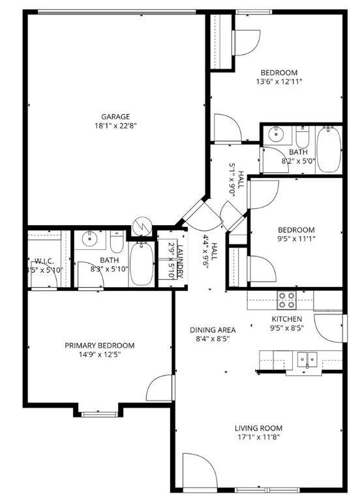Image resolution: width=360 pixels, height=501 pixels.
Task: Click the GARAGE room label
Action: coord(115,117)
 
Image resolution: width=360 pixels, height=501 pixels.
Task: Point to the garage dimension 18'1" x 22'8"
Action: coord(115,126)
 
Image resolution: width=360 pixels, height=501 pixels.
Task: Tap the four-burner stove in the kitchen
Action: coord(286,299)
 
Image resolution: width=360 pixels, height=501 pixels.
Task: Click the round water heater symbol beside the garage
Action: coord(142,225)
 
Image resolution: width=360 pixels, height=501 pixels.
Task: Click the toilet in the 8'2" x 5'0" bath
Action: coord(302,139)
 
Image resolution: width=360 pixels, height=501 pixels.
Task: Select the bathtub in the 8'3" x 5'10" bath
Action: coord(141,264)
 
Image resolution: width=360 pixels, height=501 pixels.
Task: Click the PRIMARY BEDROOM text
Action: coord(99,346)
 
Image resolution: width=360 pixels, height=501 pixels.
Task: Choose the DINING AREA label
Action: coord(213,329)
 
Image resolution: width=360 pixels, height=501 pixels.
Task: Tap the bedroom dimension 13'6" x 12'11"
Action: coord(279,82)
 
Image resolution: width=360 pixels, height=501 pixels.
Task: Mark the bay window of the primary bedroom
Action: coord(99,412)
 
